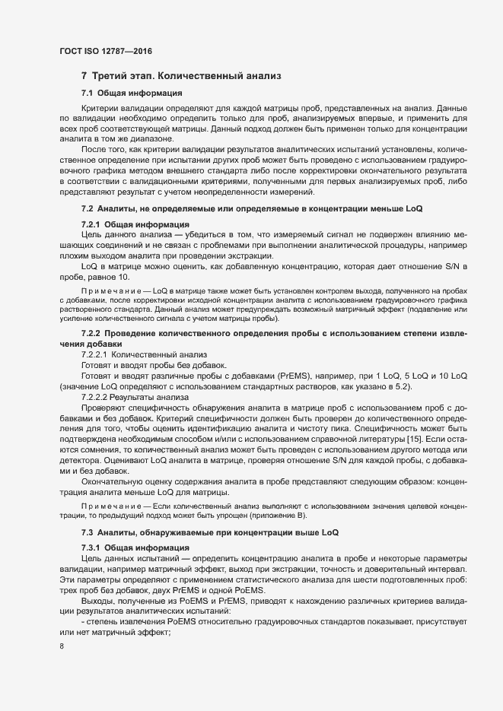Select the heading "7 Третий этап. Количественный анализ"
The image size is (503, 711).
point(181,76)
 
